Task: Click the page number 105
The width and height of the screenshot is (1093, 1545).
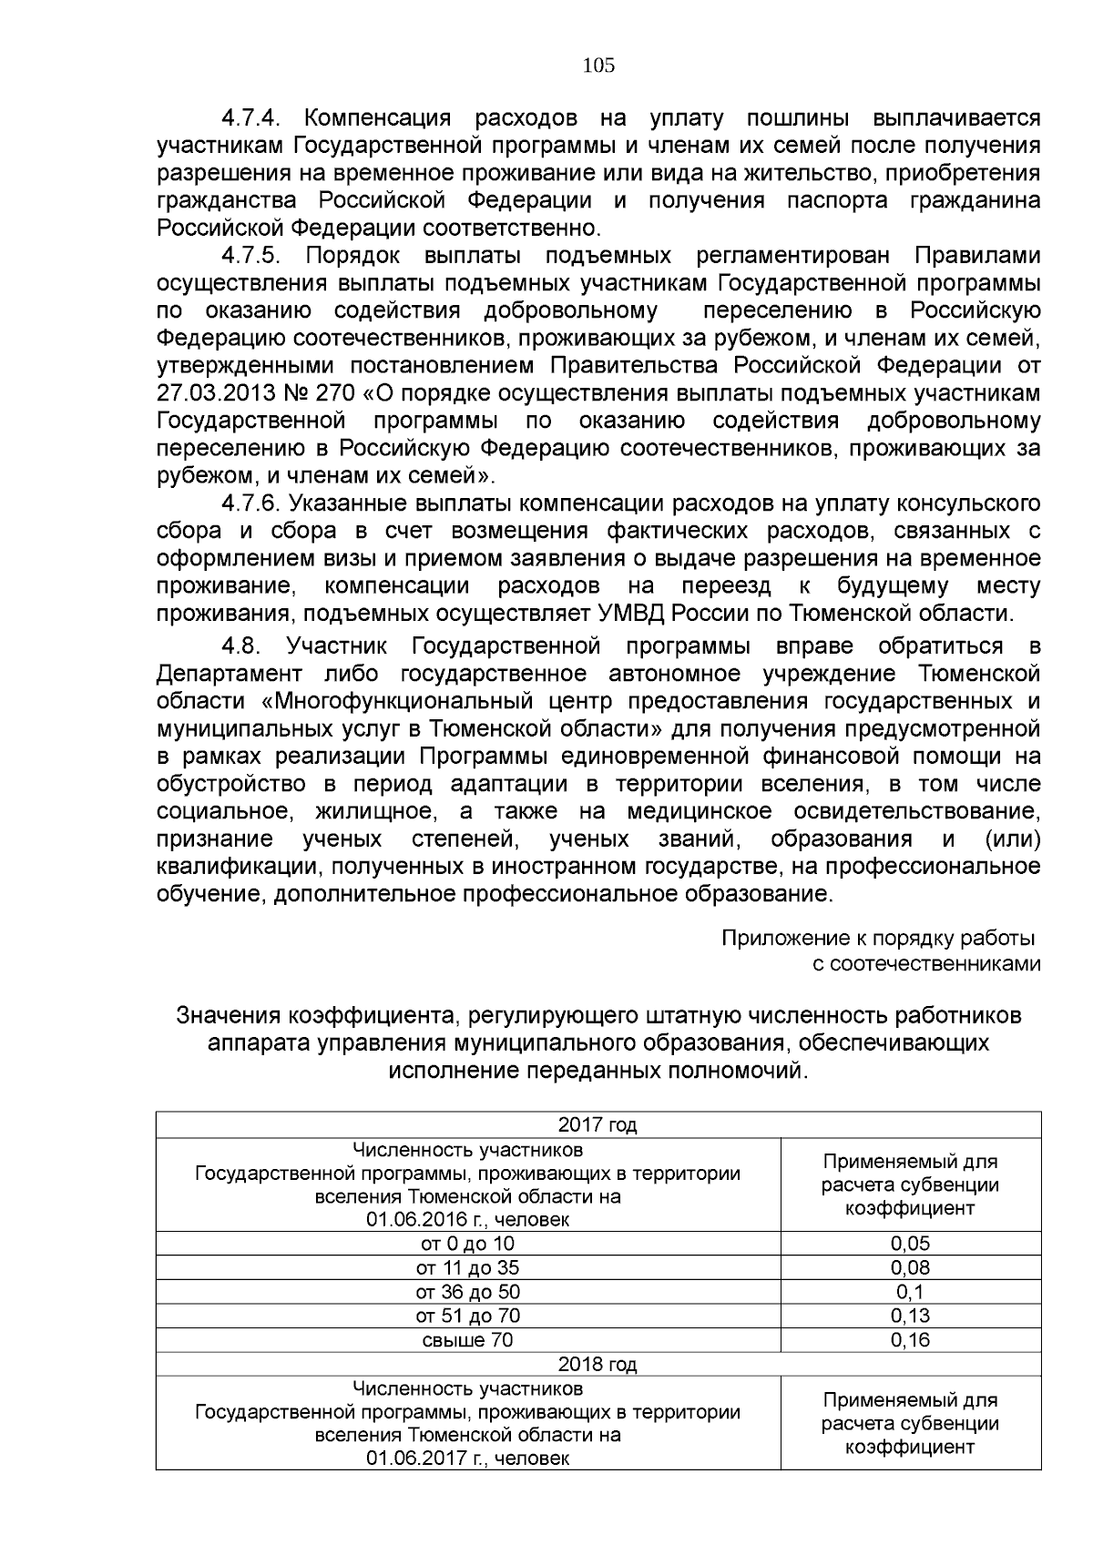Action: tap(598, 66)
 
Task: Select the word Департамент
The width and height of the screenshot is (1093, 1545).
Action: tap(230, 674)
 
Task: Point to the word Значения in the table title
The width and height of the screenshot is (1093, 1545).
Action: tap(229, 1015)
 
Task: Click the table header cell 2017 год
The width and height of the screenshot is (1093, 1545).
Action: tap(598, 1125)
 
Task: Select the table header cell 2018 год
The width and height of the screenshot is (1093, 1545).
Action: tap(598, 1365)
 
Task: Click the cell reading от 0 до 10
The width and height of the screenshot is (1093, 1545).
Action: tap(467, 1244)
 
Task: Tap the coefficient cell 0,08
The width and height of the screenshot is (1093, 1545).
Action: tap(910, 1268)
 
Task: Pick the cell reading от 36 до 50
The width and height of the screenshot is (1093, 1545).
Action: tap(467, 1292)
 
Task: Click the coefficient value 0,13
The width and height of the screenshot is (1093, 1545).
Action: tap(910, 1316)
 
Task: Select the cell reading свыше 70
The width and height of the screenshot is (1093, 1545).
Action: tap(467, 1340)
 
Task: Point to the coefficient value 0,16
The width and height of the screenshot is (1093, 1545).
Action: tap(910, 1340)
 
